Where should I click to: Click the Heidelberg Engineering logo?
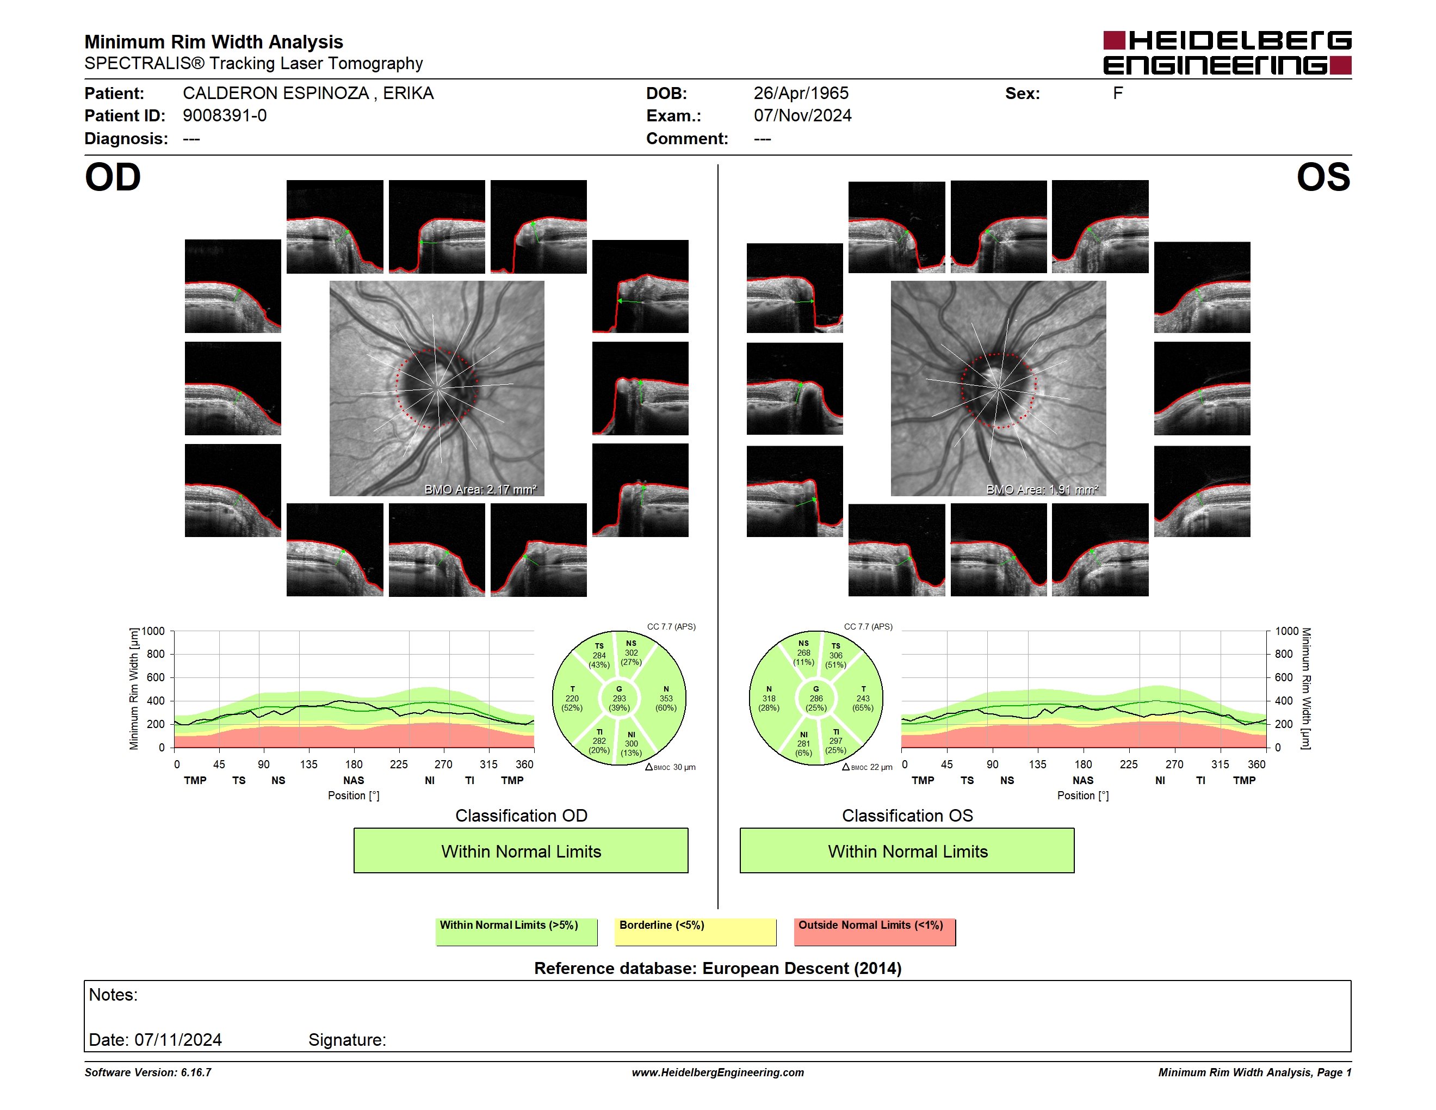click(1227, 53)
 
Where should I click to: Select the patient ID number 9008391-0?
click(225, 116)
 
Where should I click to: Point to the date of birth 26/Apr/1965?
click(801, 94)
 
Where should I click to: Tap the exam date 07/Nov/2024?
click(802, 116)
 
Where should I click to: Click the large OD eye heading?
click(113, 177)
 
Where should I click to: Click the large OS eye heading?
click(1323, 177)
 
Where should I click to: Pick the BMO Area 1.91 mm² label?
click(1042, 489)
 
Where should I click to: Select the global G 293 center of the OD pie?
click(618, 698)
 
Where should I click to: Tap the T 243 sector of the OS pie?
click(863, 698)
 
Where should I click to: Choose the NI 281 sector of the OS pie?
click(803, 743)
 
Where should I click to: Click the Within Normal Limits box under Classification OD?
click(521, 851)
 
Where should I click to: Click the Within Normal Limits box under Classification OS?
click(907, 851)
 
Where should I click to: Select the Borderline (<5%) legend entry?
click(696, 932)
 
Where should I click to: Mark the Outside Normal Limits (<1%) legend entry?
click(875, 932)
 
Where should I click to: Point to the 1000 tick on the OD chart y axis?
click(153, 631)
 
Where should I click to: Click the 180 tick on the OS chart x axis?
click(1083, 764)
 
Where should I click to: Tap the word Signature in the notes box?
click(346, 1040)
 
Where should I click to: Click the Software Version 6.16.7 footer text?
click(148, 1072)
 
